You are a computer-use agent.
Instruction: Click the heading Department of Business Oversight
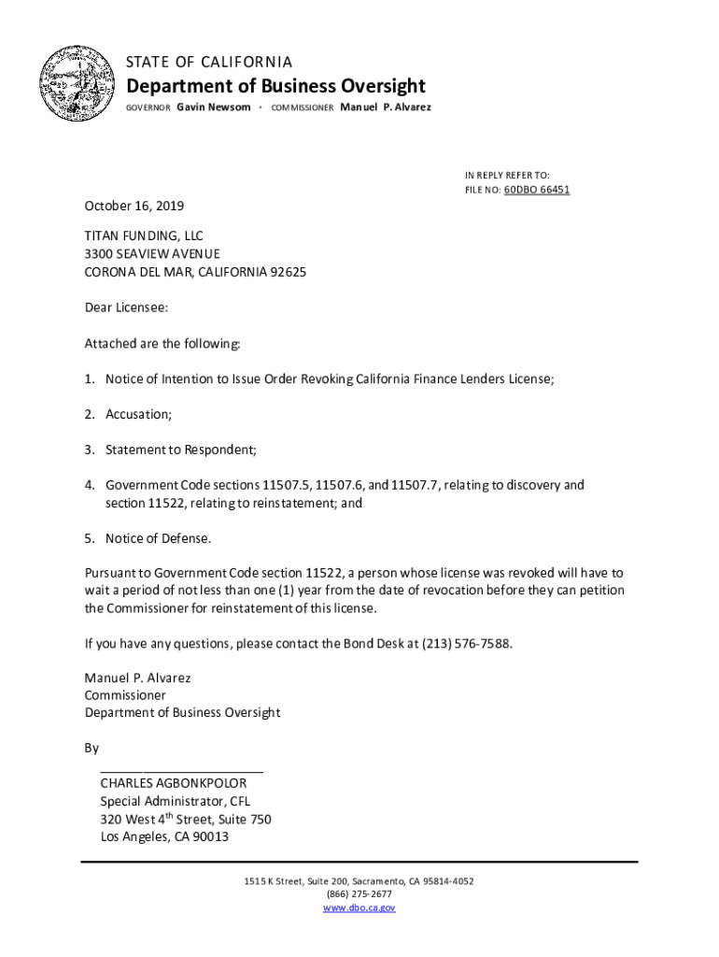click(275, 87)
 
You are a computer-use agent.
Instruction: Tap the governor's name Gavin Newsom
click(214, 107)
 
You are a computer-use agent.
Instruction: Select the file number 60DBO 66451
click(537, 190)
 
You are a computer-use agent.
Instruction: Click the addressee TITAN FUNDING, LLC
click(144, 236)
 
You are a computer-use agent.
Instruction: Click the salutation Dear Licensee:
click(127, 307)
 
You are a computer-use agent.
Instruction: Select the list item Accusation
click(138, 414)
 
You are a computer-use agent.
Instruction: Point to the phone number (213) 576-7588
click(467, 645)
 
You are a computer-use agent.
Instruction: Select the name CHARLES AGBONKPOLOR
click(174, 783)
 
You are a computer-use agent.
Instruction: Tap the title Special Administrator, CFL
click(176, 801)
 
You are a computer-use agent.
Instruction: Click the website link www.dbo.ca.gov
click(359, 907)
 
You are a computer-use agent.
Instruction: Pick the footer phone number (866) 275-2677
click(359, 894)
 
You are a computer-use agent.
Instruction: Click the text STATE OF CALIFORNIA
click(209, 62)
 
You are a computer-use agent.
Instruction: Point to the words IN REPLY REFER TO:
click(507, 175)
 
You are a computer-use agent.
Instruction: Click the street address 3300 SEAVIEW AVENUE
click(153, 254)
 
